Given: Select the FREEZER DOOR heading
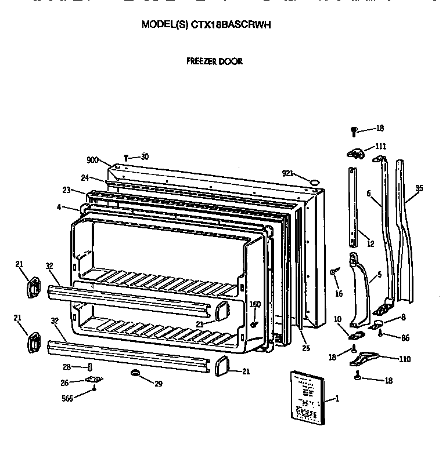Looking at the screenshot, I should (x=214, y=61).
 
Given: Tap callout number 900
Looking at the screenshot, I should (x=93, y=161).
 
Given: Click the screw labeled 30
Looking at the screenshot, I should (x=127, y=156).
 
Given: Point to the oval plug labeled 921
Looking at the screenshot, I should (x=314, y=183).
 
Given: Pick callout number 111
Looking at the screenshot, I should (x=380, y=147).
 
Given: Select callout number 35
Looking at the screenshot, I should (x=419, y=188).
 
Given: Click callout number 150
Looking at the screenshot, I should (x=255, y=304).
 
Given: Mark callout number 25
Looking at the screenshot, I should (x=305, y=348).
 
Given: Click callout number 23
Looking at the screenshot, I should (x=66, y=190).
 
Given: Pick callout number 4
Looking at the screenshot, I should (x=60, y=206).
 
